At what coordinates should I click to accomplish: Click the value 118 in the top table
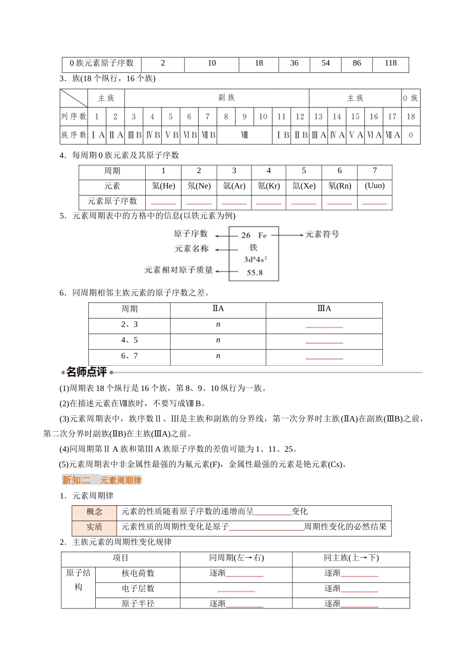pos(390,64)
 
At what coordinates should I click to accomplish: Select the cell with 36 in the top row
pos(294,64)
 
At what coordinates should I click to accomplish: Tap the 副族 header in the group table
pos(226,98)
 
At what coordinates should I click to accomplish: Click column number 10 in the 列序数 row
pos(263,117)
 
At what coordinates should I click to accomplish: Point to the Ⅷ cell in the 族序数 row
pos(244,135)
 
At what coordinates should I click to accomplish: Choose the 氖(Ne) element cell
pos(199,186)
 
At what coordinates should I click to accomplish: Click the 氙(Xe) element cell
pos(303,186)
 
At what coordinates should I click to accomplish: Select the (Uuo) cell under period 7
pos(374,186)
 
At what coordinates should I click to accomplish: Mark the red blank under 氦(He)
pos(163,202)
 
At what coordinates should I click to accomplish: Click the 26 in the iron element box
pos(246,235)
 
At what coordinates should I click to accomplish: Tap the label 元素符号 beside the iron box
pos(322,234)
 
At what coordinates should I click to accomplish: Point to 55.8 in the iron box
pos(254,272)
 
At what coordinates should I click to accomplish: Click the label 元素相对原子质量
pos(178,270)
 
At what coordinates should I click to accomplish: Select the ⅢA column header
pos(324,309)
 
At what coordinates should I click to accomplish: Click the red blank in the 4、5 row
pos(324,342)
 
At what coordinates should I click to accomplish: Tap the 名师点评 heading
pos(86,372)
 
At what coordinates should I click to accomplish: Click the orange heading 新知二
pos(76,480)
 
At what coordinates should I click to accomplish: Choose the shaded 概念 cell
pos(94,512)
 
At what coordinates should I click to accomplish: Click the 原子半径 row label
pos(138,603)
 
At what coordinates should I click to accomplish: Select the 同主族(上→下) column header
pos(351,558)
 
